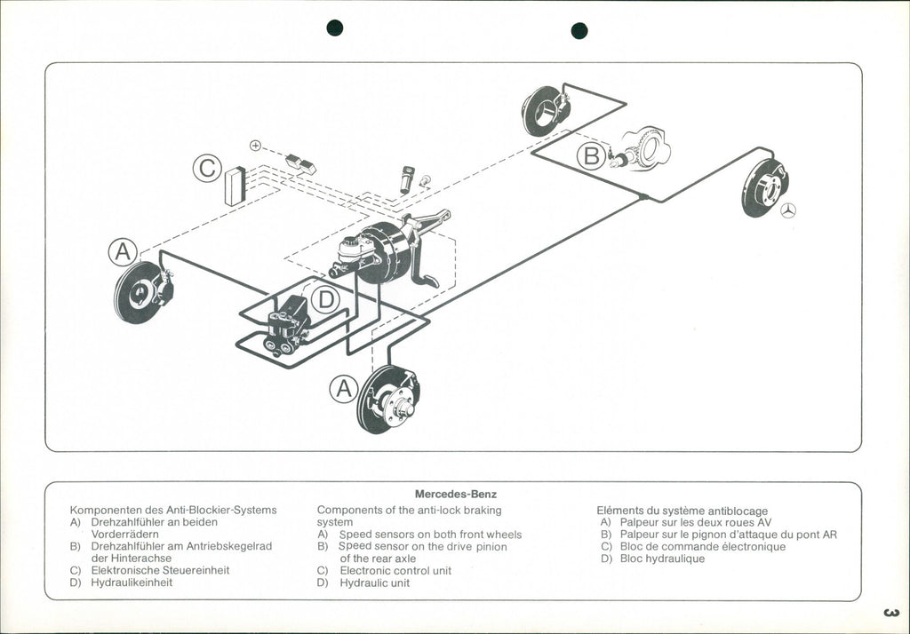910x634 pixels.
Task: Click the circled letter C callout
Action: point(207,168)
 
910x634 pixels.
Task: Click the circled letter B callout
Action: point(591,156)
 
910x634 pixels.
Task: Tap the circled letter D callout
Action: point(326,299)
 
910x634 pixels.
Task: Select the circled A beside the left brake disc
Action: point(123,251)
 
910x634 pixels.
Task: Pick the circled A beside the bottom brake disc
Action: point(344,388)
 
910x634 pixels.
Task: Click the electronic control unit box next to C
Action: point(235,186)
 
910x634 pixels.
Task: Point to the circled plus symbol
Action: point(255,145)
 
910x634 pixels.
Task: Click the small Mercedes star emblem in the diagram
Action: point(788,210)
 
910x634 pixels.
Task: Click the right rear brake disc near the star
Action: point(764,187)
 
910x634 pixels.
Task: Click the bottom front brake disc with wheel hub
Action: point(388,400)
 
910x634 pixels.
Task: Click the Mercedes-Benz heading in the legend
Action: point(456,494)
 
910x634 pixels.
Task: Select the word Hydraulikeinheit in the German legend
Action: point(132,582)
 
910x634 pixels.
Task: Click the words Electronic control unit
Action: point(395,570)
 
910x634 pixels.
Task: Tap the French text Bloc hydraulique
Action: point(662,559)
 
